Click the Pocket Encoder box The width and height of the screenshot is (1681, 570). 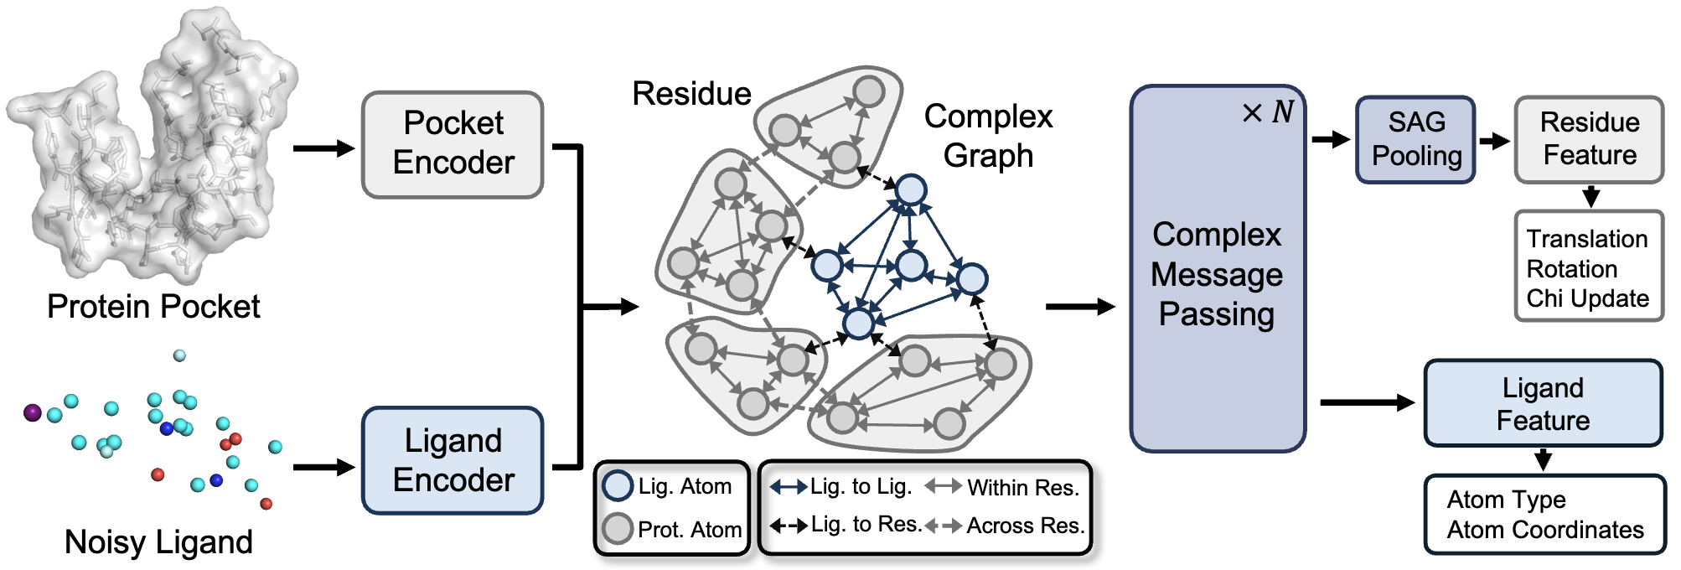(x=453, y=144)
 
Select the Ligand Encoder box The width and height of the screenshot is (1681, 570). (x=453, y=460)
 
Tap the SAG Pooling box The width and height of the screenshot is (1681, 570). (x=1415, y=139)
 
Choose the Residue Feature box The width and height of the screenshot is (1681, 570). (x=1589, y=139)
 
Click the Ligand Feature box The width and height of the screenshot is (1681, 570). (x=1543, y=403)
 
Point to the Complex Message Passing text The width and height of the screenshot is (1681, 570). (x=1217, y=274)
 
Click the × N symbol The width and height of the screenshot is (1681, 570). (x=1268, y=112)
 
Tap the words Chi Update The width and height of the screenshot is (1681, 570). (x=1587, y=298)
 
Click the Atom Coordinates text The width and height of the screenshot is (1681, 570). (x=1544, y=530)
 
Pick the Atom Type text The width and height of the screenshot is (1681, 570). (x=1506, y=500)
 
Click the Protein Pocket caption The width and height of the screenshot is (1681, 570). (x=153, y=307)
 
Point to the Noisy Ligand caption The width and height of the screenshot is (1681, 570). (x=158, y=542)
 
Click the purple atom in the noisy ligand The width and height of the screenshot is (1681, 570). (x=33, y=412)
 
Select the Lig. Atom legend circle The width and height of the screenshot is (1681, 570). (x=618, y=486)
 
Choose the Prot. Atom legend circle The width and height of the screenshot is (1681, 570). (x=618, y=529)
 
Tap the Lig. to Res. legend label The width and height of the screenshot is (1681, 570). (x=866, y=525)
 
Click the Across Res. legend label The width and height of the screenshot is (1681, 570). (x=1025, y=526)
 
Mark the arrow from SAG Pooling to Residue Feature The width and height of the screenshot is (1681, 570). (x=1494, y=140)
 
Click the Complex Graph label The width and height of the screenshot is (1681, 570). (x=988, y=136)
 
